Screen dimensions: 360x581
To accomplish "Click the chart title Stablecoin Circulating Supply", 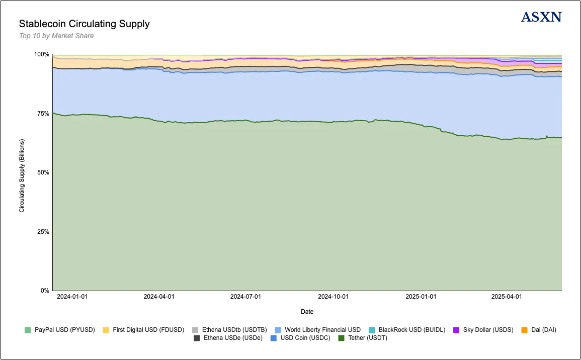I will (x=84, y=24).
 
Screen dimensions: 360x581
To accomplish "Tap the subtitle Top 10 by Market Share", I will (x=56, y=36).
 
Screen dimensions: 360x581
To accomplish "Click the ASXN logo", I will (x=541, y=17).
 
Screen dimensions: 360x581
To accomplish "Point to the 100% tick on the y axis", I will (x=41, y=54).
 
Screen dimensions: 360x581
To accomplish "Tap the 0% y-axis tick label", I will (x=44, y=291).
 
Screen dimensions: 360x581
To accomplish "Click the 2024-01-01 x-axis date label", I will (x=72, y=297).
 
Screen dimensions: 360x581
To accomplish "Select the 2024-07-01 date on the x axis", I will (x=245, y=297).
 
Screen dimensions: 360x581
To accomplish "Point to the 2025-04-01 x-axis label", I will (x=507, y=297).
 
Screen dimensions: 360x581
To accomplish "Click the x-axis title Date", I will (x=307, y=312).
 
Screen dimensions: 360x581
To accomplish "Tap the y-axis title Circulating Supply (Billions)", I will (x=22, y=172).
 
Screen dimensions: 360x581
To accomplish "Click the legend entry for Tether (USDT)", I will (x=365, y=338).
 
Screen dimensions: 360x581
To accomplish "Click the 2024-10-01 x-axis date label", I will (x=333, y=297).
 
